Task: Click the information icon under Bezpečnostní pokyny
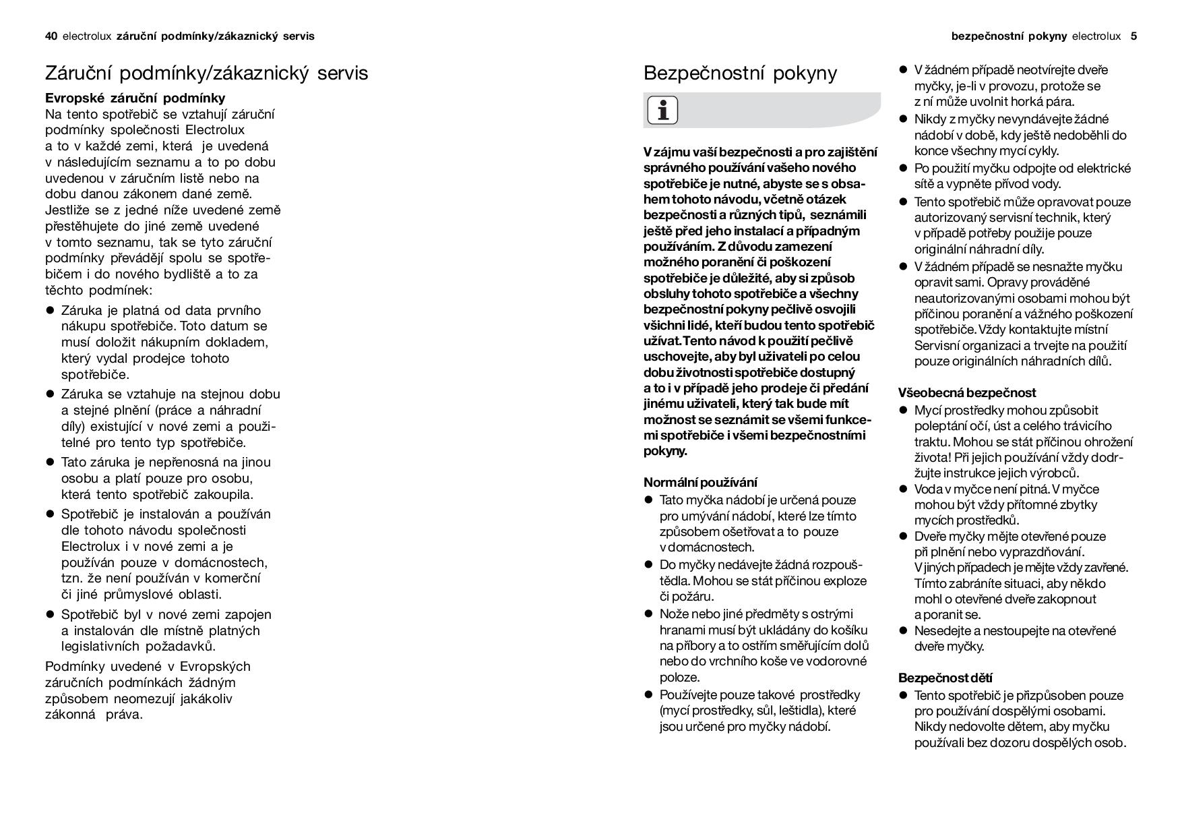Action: pos(662,110)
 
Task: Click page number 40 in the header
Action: pos(51,36)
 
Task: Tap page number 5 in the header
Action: pos(1133,36)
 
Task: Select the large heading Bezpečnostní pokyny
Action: pos(740,73)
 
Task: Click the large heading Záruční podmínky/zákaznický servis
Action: pos(206,73)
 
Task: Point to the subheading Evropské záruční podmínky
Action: pos(135,98)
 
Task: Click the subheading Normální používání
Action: pos(700,482)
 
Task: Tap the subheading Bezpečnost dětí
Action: pos(945,678)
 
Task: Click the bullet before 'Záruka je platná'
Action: pos(49,311)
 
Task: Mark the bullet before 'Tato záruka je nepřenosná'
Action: pos(49,462)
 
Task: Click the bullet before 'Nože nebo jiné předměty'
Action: pos(648,614)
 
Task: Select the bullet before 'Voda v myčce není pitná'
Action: pos(903,489)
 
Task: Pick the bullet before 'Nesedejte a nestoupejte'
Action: pos(903,631)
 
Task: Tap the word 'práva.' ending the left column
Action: pos(124,715)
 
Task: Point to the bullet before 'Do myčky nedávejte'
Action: pos(648,565)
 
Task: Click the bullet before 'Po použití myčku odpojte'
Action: pos(903,169)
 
